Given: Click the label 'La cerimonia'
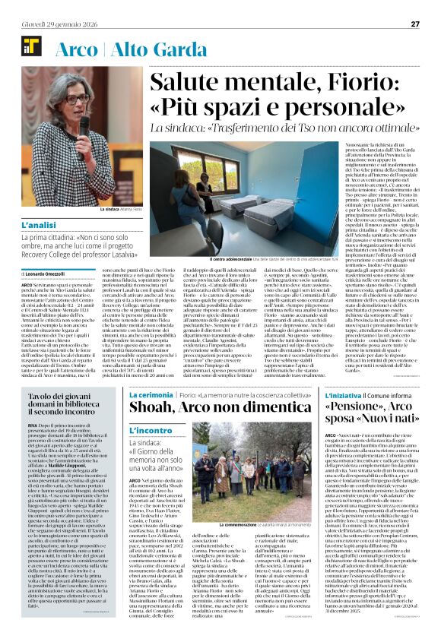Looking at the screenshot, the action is tap(151, 395).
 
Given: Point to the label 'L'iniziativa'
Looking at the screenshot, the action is tap(304, 395).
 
